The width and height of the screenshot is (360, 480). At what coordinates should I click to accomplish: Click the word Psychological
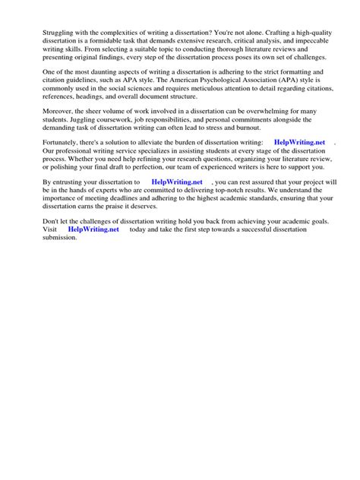click(x=229, y=80)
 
